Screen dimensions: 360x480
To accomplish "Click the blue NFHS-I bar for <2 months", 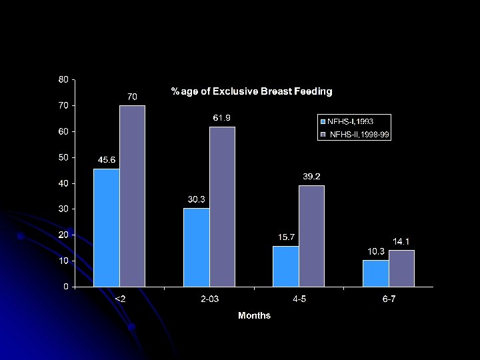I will tap(107, 227).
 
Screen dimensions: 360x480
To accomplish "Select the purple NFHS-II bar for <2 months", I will tap(132, 196).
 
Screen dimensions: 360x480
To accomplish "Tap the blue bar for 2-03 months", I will tap(196, 247).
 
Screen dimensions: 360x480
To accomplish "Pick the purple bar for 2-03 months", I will tap(221, 207).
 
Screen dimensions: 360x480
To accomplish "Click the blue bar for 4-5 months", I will tap(285, 266).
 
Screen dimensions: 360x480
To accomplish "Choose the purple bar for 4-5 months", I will tap(311, 236).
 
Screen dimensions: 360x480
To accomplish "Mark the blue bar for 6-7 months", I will tap(375, 273).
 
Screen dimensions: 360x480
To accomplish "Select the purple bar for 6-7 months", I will tap(401, 268).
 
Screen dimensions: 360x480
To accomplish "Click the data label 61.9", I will tap(222, 118).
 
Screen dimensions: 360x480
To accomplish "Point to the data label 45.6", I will tap(107, 160).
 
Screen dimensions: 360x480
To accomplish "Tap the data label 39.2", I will tap(311, 177).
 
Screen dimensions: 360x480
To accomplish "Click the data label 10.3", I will tap(376, 251).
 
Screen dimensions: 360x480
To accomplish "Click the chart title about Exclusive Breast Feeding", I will tap(251, 91).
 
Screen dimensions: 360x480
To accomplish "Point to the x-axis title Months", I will tap(254, 315).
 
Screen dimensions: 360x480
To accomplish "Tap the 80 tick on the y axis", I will tap(63, 79).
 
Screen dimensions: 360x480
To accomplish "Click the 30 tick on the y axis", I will tap(63, 209).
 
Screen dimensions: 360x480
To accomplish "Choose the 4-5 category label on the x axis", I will tap(300, 299).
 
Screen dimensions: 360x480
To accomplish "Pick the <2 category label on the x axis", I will tap(121, 299).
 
